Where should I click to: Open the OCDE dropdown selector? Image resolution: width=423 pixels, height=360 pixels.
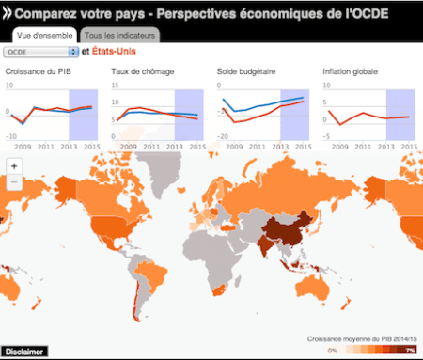[x=40, y=51]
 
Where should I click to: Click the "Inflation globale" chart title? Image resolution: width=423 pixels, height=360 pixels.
[x=352, y=72]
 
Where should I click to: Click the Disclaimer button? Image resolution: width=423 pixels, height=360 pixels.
[x=23, y=352]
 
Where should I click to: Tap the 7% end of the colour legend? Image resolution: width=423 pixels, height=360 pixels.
[x=411, y=350]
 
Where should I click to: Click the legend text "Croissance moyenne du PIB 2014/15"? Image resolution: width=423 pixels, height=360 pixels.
[x=362, y=338]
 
